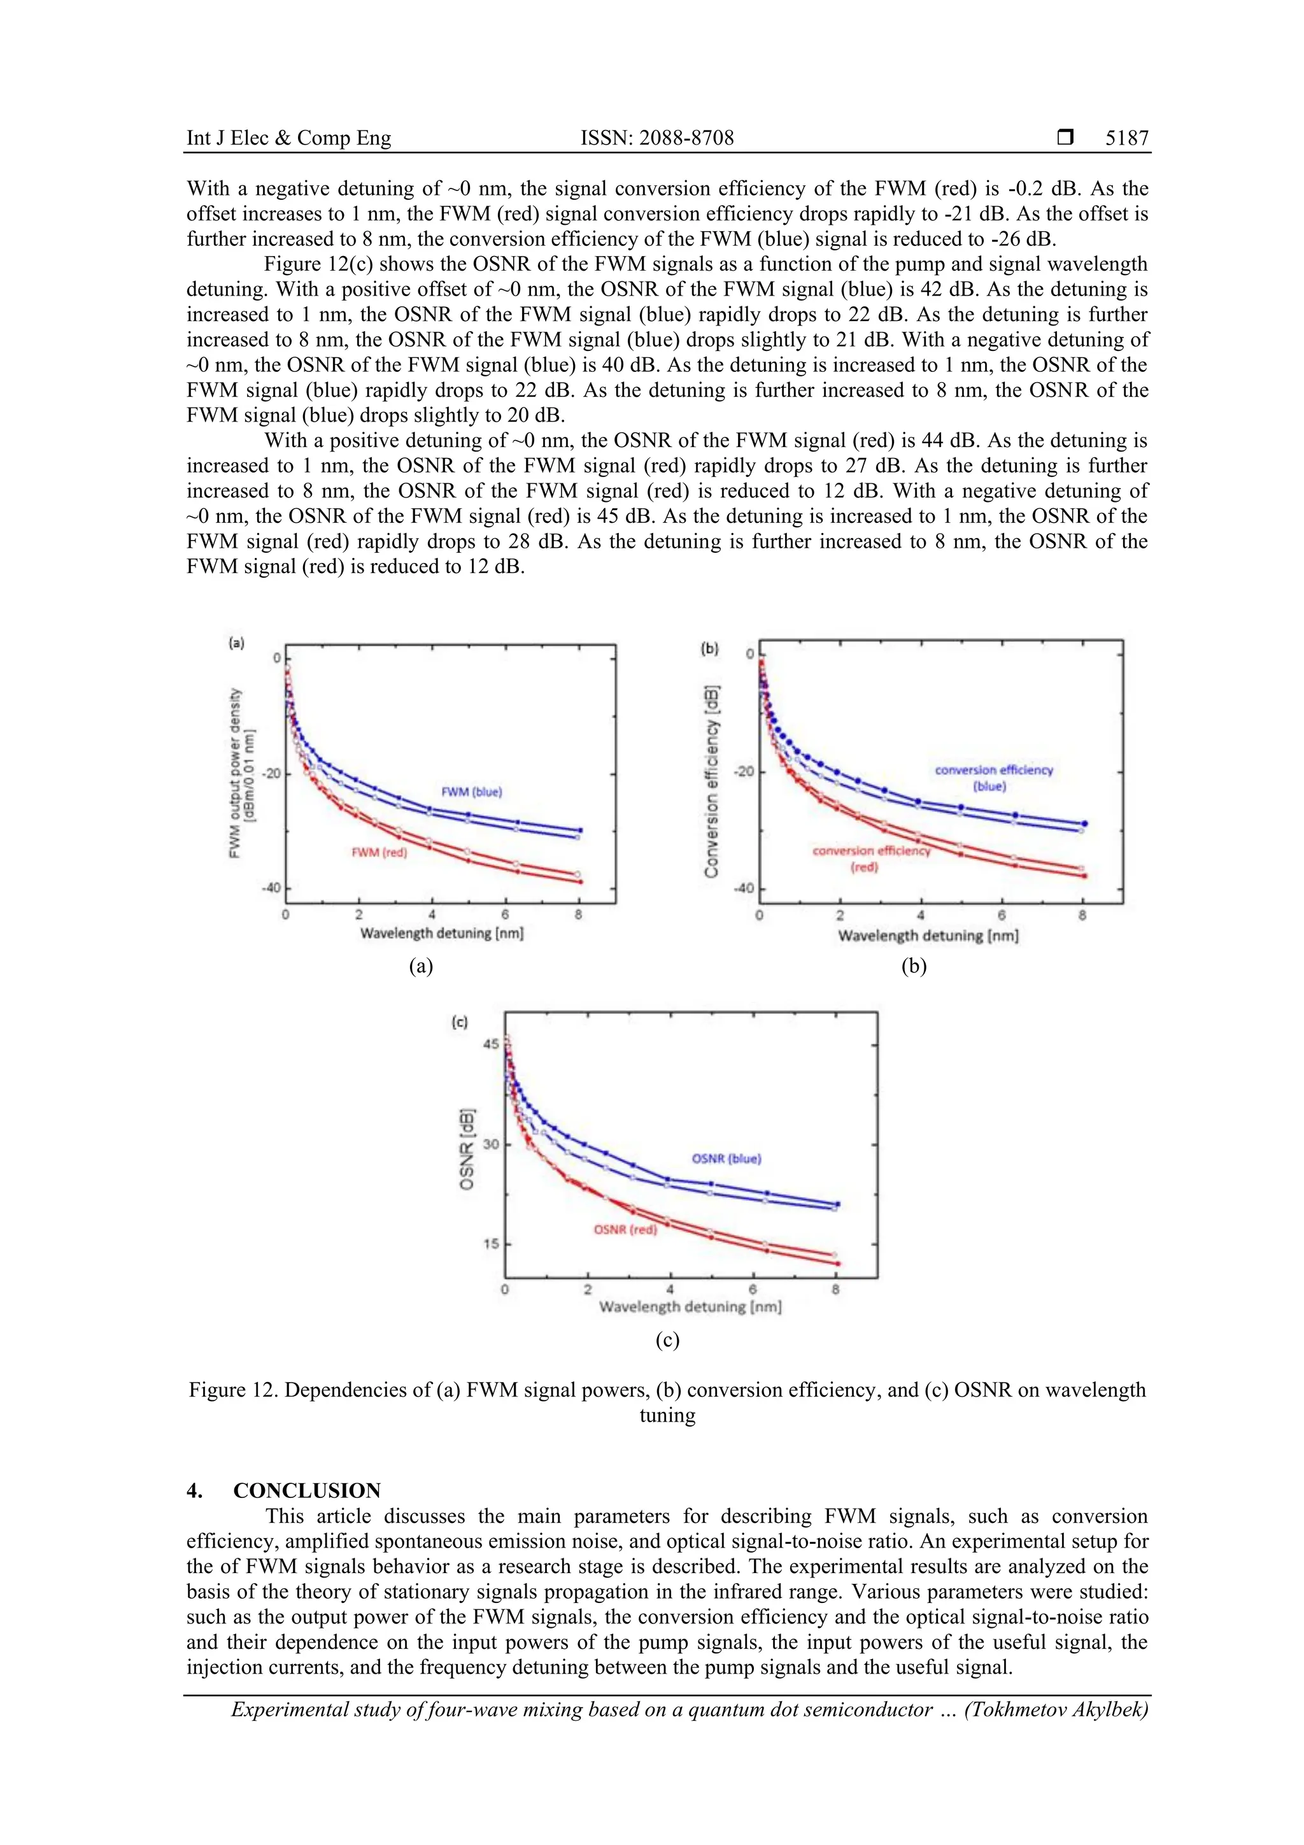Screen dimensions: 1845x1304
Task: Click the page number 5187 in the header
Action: coord(1126,138)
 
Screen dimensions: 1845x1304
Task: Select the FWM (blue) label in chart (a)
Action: coord(472,792)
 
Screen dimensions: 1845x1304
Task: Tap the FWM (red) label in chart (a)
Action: coord(379,853)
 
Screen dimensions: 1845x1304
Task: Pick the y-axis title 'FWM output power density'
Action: coord(236,773)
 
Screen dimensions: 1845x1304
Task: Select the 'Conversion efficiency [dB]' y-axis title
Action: coord(711,780)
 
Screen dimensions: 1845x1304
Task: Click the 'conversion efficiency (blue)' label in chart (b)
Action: coord(993,778)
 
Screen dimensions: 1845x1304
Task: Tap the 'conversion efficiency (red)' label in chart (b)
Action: coord(870,859)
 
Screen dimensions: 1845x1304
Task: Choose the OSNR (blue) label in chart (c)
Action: coord(726,1158)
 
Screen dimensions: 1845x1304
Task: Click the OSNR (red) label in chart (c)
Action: coord(625,1229)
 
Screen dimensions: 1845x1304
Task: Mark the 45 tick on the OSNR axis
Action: coord(490,1044)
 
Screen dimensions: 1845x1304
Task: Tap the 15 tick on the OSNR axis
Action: coord(490,1244)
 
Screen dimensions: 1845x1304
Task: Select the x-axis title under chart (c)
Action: coord(690,1307)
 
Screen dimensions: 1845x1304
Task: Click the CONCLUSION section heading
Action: coord(306,1491)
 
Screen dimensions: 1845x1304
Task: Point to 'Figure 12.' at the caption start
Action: coord(233,1390)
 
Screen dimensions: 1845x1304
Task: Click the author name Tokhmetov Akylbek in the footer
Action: coord(1056,1709)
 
